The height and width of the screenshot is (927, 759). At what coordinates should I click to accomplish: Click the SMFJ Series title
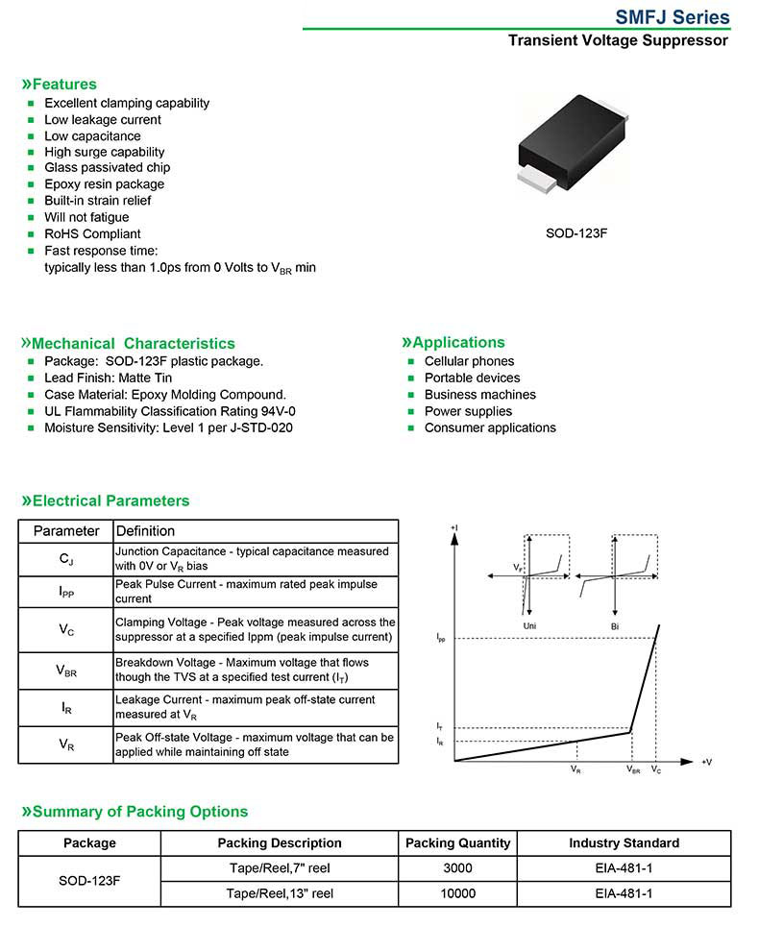(x=672, y=17)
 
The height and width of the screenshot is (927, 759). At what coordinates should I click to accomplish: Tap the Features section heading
(x=64, y=85)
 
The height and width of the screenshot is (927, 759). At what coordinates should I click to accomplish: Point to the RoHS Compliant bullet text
(x=92, y=233)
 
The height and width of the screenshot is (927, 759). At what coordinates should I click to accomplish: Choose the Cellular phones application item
(x=469, y=361)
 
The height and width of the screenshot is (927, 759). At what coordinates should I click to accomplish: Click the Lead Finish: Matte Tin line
(x=109, y=378)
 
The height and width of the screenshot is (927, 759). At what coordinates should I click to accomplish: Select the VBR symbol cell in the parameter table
(x=66, y=671)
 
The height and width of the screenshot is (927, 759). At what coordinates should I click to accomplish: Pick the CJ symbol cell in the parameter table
(x=66, y=558)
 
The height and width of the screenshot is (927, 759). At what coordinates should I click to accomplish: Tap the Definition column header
(x=145, y=531)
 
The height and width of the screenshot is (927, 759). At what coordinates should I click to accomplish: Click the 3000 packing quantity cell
(x=457, y=868)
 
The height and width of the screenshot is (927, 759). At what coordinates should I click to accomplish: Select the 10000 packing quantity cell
(x=457, y=893)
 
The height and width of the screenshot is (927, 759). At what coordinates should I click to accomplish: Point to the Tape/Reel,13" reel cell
(x=280, y=893)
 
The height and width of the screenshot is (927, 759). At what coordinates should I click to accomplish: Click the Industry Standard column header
(x=624, y=843)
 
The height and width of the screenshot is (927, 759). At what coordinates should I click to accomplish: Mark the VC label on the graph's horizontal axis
(x=656, y=769)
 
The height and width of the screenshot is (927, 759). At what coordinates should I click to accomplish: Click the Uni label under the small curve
(x=529, y=625)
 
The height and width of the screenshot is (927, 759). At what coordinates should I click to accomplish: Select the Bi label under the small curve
(x=614, y=625)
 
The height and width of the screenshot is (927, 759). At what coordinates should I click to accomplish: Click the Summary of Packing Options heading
(x=140, y=812)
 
